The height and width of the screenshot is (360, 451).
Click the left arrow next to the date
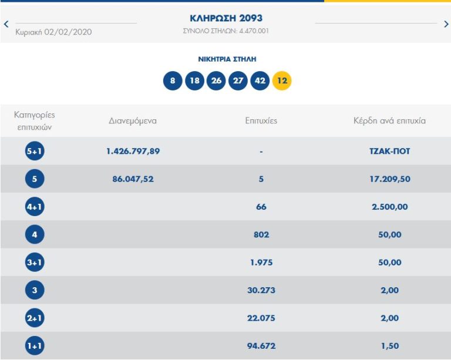click(x=6, y=24)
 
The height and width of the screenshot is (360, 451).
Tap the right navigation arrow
click(x=446, y=24)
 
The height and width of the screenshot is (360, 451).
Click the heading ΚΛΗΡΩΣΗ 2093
click(x=226, y=18)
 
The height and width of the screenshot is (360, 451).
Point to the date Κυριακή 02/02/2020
click(x=53, y=32)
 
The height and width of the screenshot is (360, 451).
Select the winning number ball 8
click(x=173, y=81)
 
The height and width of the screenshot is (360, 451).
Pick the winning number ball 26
click(x=216, y=81)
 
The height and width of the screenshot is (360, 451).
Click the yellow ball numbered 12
click(x=282, y=81)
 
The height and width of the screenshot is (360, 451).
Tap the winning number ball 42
click(x=260, y=81)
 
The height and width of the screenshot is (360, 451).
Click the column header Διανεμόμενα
click(x=133, y=121)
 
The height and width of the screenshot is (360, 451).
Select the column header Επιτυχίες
click(x=261, y=121)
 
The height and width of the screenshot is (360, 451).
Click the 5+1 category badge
click(x=35, y=152)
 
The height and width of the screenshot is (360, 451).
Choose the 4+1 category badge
click(x=35, y=207)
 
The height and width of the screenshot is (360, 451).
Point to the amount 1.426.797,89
click(x=133, y=152)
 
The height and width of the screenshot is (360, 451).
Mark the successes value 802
click(x=261, y=235)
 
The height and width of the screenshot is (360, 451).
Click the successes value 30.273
click(x=261, y=290)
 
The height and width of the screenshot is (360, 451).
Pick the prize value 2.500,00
click(x=389, y=207)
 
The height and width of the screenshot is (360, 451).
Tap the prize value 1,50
click(x=389, y=346)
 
